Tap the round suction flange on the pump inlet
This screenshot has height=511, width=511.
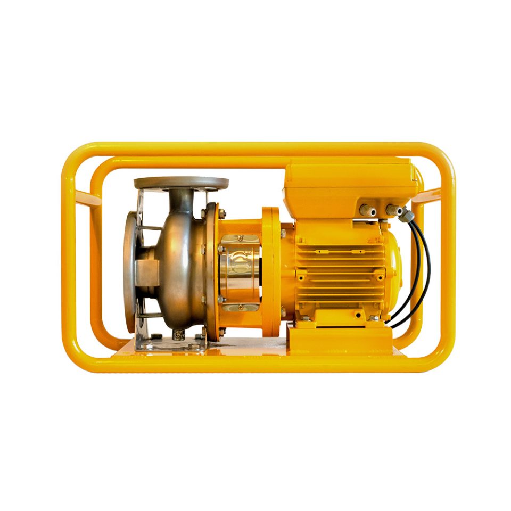129,271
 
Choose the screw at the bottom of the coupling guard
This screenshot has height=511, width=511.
240,307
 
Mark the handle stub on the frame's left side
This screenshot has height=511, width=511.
88,199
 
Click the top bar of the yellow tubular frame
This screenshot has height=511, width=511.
256,149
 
